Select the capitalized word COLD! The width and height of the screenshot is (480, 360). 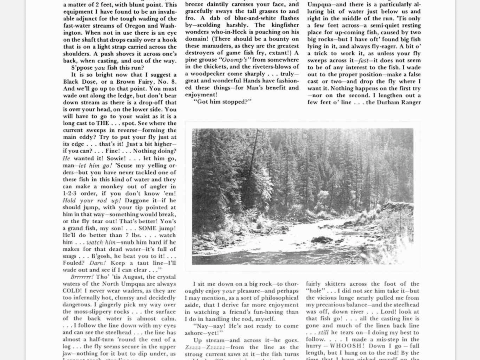[x=72, y=291]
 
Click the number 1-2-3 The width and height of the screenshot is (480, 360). [x=72, y=193]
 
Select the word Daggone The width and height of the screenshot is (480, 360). [x=138, y=200]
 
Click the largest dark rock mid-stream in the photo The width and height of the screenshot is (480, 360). [x=322, y=240]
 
